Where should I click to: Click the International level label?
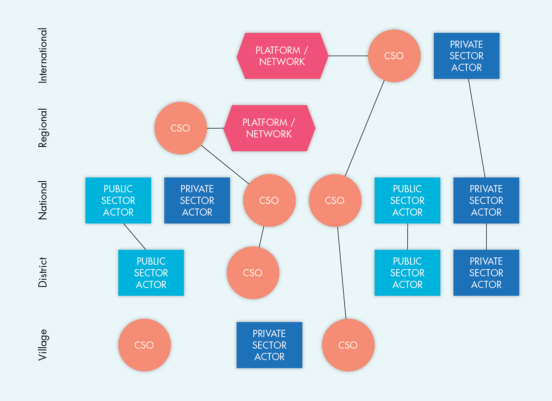coord(43,55)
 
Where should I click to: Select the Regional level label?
coord(43,128)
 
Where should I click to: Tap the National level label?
coord(43,200)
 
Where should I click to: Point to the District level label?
coord(43,272)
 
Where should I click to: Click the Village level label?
coord(43,345)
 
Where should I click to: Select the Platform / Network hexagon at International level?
coord(282,56)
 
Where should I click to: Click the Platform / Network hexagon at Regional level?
coord(269,128)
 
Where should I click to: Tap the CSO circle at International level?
coord(394,56)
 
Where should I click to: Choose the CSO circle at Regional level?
coord(181,128)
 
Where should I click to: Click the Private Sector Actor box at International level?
coord(466,56)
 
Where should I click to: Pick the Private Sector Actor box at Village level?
coord(269,345)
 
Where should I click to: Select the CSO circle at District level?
coord(253,273)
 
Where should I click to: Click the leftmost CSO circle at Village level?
coord(144,345)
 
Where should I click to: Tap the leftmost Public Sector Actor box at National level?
coord(118,200)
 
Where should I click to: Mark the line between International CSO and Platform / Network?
coord(348,56)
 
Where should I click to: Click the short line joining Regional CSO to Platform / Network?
coord(215,128)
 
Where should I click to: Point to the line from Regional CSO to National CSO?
coord(225,164)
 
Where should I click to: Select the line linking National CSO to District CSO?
coord(261,237)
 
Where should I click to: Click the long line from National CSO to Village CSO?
coord(342,273)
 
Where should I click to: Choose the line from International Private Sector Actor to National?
coord(477,128)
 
